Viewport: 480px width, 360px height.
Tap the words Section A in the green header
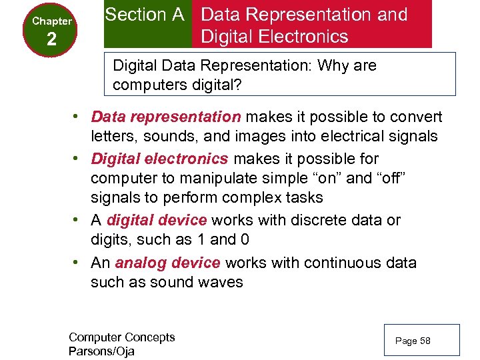click(145, 15)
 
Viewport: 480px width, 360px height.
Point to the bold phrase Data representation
click(166, 117)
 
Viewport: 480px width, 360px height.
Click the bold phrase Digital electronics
click(160, 159)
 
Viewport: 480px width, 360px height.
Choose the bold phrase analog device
click(167, 263)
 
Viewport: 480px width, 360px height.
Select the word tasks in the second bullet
click(301, 198)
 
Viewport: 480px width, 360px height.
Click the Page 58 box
click(422, 341)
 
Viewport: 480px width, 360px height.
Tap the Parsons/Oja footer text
click(101, 351)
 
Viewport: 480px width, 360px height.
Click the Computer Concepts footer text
click(121, 337)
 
